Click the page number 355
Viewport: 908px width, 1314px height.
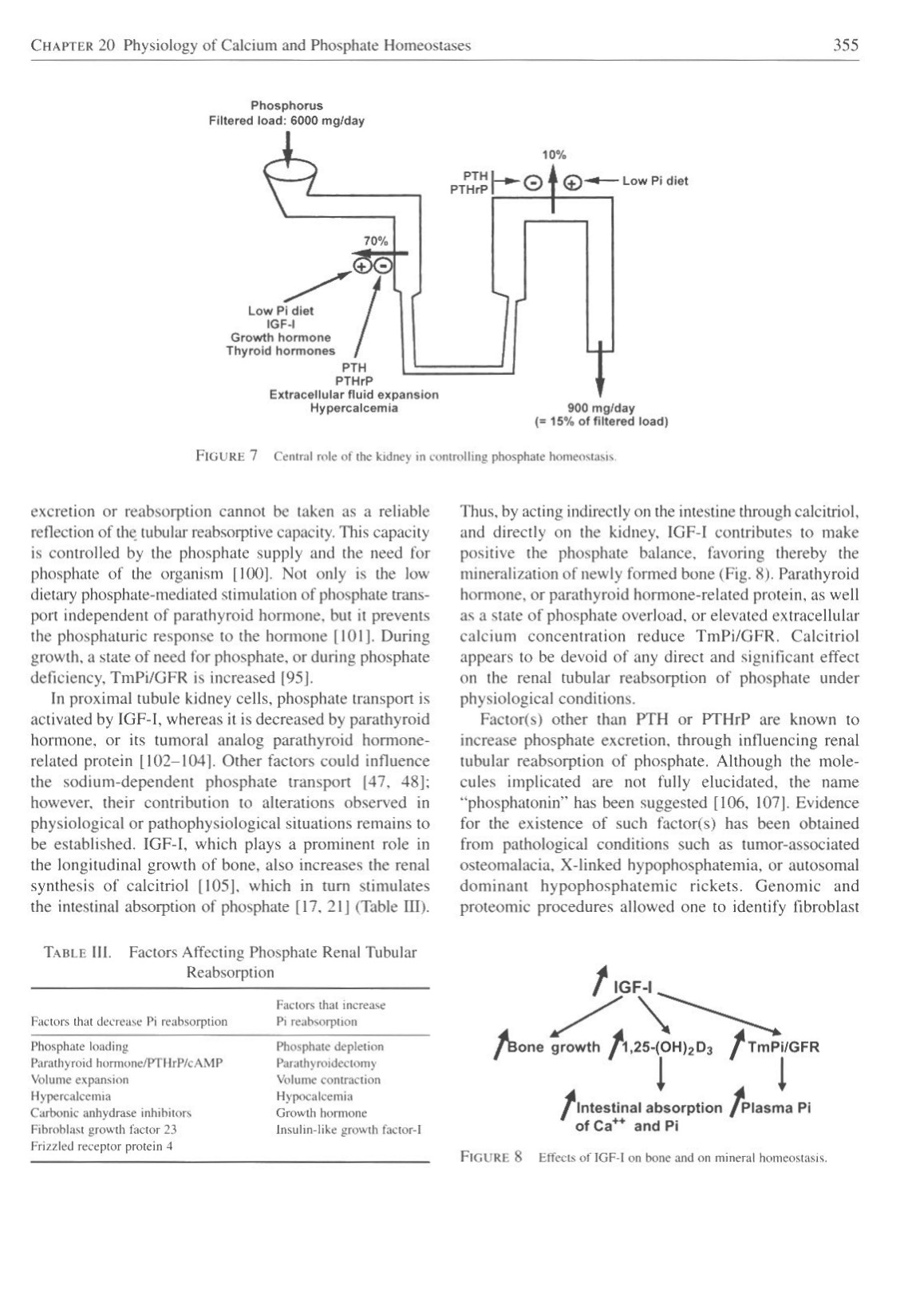[x=845, y=45]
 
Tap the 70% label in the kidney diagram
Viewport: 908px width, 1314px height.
[x=376, y=240]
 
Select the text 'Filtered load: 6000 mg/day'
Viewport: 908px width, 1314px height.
[x=286, y=120]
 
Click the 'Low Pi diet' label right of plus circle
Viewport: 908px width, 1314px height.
[x=654, y=180]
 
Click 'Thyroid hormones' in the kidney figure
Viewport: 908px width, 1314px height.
[x=281, y=350]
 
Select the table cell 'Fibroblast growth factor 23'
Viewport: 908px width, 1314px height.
[x=104, y=1129]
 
